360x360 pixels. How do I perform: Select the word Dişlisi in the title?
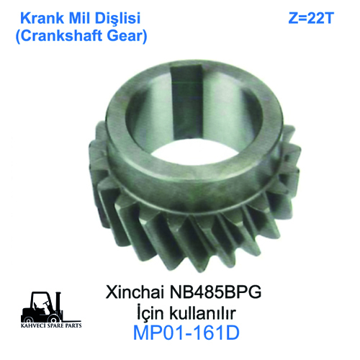click(117, 19)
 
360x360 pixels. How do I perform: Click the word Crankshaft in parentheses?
click(59, 36)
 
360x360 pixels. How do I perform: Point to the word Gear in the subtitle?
click(127, 36)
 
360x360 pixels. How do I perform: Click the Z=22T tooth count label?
click(311, 18)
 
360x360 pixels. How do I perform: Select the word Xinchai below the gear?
click(135, 292)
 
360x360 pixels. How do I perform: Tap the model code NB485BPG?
click(215, 292)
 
